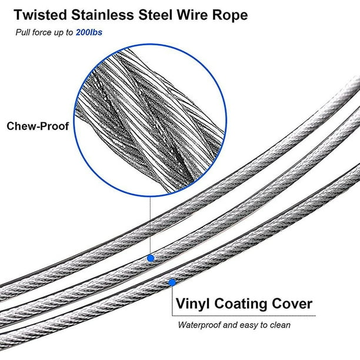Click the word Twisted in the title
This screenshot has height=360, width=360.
pos(40,15)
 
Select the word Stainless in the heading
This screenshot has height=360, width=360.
pos(102,15)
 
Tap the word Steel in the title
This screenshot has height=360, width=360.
pos(155,15)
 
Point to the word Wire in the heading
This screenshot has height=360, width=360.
pos(192,15)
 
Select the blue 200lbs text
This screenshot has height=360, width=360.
pos(89,32)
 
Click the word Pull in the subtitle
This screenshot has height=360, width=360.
pos(23,32)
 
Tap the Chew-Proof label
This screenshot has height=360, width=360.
pos(38,126)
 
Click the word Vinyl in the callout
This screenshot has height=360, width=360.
pos(192,304)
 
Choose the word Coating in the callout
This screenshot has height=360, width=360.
pos(240,304)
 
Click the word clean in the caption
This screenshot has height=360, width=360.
pos(280,325)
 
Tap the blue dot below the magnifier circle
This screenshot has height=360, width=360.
pos(151,258)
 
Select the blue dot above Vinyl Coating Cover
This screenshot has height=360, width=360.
pos(172,282)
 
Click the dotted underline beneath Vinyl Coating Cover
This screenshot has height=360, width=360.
pos(244,316)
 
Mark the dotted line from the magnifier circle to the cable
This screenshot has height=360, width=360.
pos(150,225)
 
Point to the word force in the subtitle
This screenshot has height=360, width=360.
pos(42,32)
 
